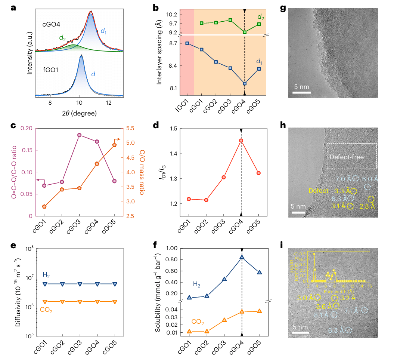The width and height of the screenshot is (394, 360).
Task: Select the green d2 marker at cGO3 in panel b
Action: tap(230, 20)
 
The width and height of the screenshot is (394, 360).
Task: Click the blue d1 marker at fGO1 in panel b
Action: tap(187, 43)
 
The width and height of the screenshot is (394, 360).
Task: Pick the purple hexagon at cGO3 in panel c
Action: tap(80, 135)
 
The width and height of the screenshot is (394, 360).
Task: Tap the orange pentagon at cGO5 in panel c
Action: tap(115, 145)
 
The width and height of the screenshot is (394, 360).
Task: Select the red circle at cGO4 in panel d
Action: tap(241, 141)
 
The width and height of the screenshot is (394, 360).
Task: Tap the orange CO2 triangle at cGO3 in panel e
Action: tap(80, 301)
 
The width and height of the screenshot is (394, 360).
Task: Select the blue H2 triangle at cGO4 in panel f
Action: tap(242, 257)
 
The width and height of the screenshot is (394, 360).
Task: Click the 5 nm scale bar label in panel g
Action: tap(300, 87)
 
